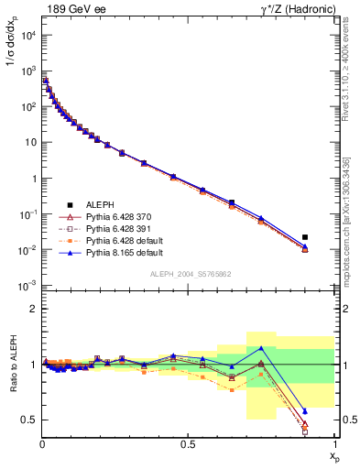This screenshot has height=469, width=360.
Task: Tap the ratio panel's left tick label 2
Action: click(x=33, y=310)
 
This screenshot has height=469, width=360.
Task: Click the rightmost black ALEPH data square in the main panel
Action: click(x=305, y=237)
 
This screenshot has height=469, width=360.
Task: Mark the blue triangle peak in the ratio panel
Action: click(x=261, y=348)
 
